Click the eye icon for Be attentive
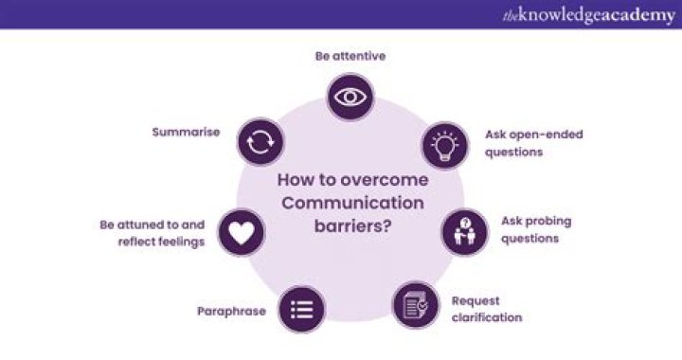coord(350,98)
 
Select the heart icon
coord(242,232)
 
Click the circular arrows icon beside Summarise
coord(258,140)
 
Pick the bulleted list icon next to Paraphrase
coord(302,309)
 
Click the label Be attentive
coord(350,56)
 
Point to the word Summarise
coord(186,133)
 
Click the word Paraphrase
coord(231,311)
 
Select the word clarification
coord(486,317)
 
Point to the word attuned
coord(153,225)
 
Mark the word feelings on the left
coord(180,241)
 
